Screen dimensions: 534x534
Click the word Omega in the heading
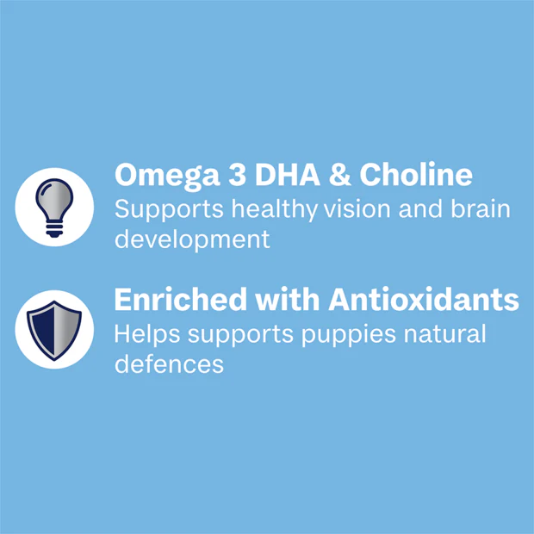coord(167,176)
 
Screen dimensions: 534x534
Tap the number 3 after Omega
coord(237,174)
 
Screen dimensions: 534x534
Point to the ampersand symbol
coord(340,174)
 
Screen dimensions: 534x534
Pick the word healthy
coord(275,209)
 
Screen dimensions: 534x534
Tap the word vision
coord(357,208)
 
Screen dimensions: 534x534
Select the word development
coord(192,240)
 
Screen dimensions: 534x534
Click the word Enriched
coord(181,299)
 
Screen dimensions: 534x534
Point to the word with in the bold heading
coord(288,299)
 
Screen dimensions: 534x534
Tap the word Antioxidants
coord(424,299)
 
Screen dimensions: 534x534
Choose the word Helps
coord(147,335)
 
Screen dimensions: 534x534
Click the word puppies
coord(349,335)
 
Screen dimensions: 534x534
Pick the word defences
coord(169,363)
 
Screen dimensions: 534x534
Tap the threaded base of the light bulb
coord(54,230)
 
